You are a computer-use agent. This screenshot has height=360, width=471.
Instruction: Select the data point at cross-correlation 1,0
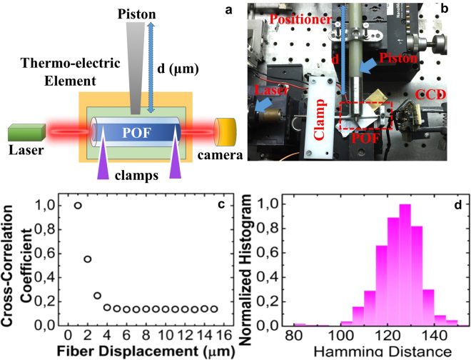(x=78, y=206)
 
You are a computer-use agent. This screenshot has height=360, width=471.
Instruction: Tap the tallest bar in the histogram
(x=405, y=264)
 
